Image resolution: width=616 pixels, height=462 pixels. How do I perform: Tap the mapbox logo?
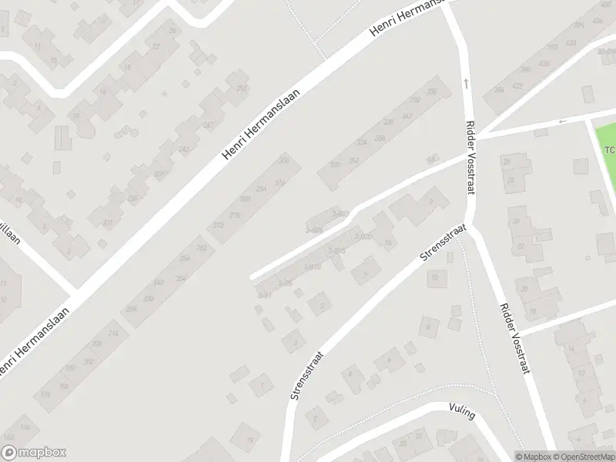click(x=34, y=453)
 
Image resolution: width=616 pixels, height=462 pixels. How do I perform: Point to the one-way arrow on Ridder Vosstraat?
click(x=465, y=82)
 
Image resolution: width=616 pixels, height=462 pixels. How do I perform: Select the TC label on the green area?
click(x=609, y=149)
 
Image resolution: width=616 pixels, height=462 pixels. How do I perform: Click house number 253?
click(x=242, y=89)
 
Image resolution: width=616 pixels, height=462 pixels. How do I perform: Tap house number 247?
click(x=207, y=126)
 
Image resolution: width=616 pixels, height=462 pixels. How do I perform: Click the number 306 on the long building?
click(x=283, y=160)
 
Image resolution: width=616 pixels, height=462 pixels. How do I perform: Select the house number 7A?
click(x=388, y=244)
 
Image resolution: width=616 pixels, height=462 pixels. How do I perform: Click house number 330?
click(x=335, y=165)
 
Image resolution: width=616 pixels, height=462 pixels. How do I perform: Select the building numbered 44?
click(x=430, y=159)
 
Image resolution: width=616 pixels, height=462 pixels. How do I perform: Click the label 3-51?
click(x=264, y=295)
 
